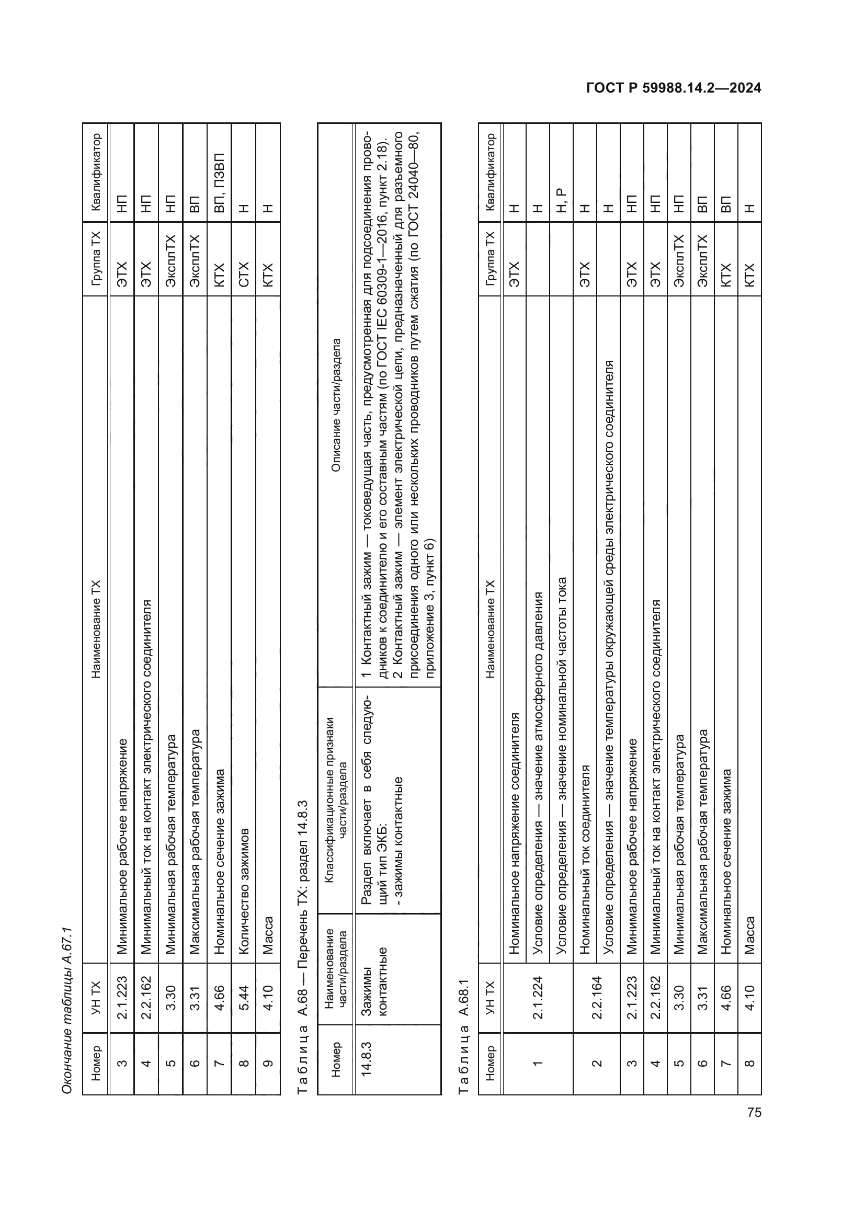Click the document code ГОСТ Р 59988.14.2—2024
tap(673, 88)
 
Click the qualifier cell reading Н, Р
tap(561, 201)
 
